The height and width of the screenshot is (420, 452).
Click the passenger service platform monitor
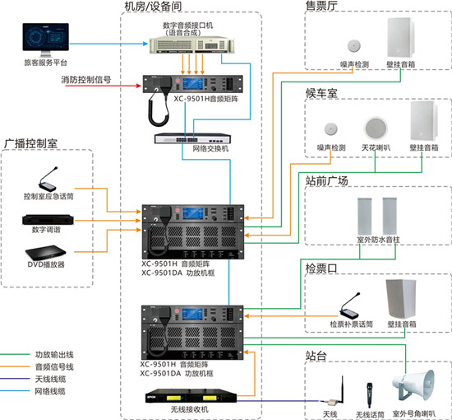[x=45, y=42]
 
